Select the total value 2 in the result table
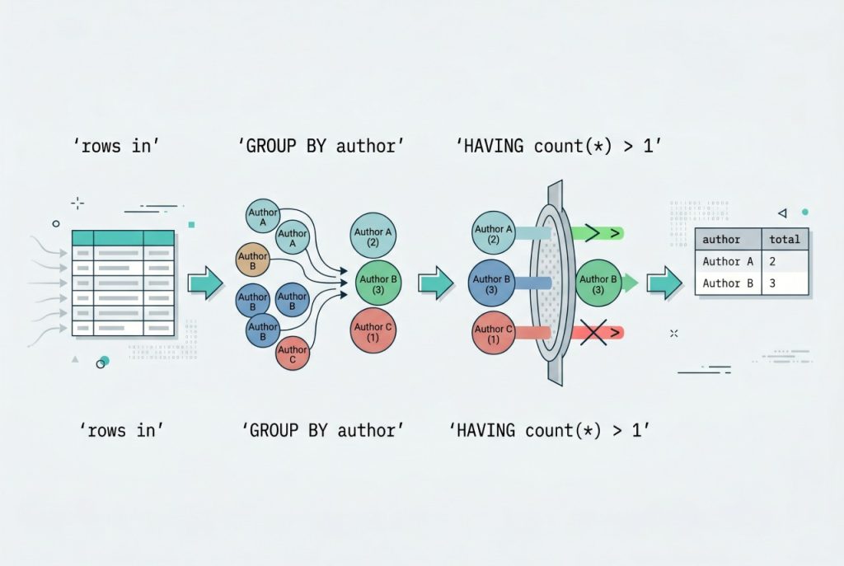point(773,261)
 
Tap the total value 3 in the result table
point(773,283)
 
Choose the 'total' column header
point(785,240)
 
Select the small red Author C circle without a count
point(292,354)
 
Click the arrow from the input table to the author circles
point(205,283)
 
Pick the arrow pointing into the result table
point(663,283)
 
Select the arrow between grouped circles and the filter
point(435,283)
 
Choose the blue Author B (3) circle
point(493,284)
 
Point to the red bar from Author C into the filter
point(532,333)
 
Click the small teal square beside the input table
point(191,224)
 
